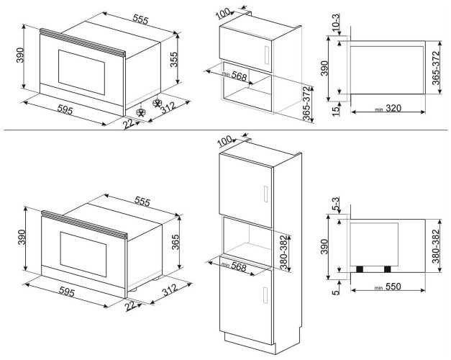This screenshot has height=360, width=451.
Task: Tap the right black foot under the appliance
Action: tap(388, 269)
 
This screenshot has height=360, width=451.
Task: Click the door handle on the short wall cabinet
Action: tap(265, 56)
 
